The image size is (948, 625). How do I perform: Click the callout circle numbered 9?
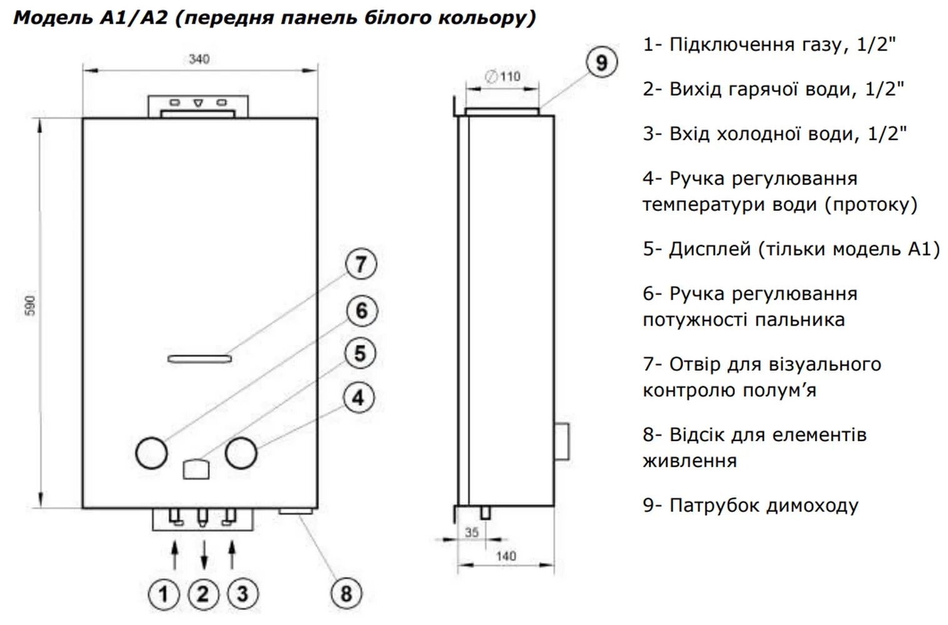click(x=601, y=62)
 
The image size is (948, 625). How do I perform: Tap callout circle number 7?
click(x=361, y=264)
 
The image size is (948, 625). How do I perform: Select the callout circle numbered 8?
click(x=346, y=593)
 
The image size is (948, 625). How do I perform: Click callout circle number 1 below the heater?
click(x=164, y=594)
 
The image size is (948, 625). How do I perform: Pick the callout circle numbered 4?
click(x=358, y=397)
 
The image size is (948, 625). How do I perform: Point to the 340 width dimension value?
click(x=199, y=59)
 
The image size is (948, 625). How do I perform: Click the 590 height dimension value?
click(x=31, y=306)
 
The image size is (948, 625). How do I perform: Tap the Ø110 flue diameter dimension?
click(x=504, y=77)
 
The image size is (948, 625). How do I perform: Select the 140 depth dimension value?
click(x=506, y=556)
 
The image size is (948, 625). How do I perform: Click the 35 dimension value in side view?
click(x=472, y=532)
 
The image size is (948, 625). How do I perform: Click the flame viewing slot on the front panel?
click(x=199, y=359)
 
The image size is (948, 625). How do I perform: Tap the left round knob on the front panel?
click(x=151, y=452)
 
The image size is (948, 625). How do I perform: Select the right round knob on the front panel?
click(x=241, y=453)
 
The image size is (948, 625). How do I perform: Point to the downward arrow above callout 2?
click(x=204, y=555)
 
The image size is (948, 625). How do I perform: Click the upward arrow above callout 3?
click(x=232, y=555)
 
